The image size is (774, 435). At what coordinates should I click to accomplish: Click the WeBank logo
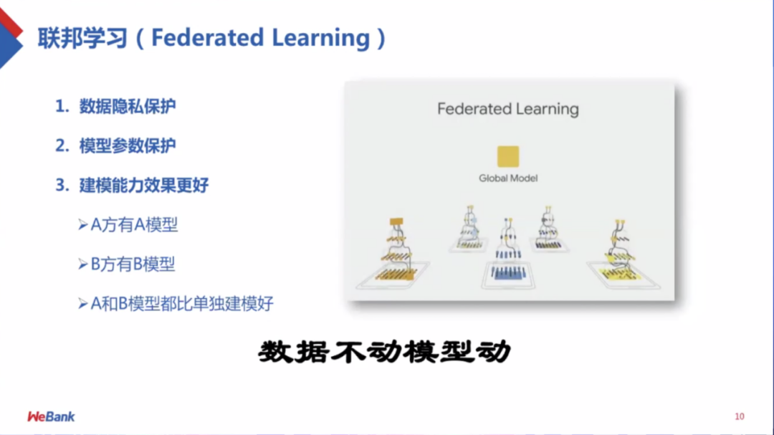pyautogui.click(x=51, y=417)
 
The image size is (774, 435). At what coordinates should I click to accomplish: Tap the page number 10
pyautogui.click(x=740, y=416)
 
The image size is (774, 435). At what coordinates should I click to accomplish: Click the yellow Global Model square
pyautogui.click(x=508, y=156)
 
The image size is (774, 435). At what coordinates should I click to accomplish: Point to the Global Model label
pyautogui.click(x=508, y=178)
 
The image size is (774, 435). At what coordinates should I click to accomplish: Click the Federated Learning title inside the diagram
pyautogui.click(x=508, y=109)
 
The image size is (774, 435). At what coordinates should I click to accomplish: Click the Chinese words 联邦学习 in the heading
pyautogui.click(x=83, y=38)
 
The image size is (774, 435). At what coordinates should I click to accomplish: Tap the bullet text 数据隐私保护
pyautogui.click(x=128, y=106)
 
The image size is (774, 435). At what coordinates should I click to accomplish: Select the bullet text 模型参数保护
pyautogui.click(x=128, y=145)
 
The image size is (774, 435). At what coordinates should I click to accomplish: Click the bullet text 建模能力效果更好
pyautogui.click(x=144, y=185)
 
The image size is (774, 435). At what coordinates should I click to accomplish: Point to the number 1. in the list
pyautogui.click(x=62, y=106)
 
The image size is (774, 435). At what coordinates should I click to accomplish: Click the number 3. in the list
pyautogui.click(x=62, y=185)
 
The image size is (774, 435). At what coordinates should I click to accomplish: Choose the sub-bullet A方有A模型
pyautogui.click(x=134, y=224)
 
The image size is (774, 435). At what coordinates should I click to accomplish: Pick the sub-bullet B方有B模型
pyautogui.click(x=133, y=264)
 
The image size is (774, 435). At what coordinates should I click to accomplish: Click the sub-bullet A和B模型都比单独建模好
pyautogui.click(x=182, y=304)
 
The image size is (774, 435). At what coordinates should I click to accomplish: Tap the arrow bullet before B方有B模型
pyautogui.click(x=83, y=264)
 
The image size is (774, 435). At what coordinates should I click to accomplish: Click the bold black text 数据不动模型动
pyautogui.click(x=385, y=352)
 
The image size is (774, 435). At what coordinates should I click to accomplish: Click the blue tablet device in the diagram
pyautogui.click(x=508, y=274)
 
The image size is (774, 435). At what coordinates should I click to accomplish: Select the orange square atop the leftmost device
pyautogui.click(x=396, y=221)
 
